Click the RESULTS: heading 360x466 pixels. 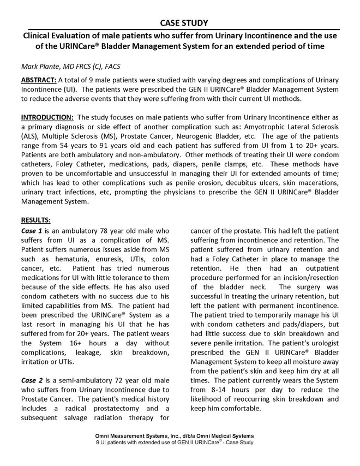click(x=35, y=220)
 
